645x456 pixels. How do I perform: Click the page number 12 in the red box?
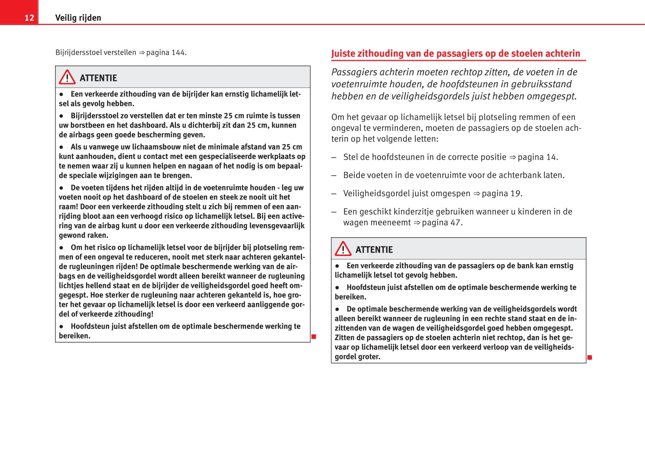click(29, 18)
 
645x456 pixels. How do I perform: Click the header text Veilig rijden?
click(78, 18)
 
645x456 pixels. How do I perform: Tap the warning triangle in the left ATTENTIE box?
click(67, 77)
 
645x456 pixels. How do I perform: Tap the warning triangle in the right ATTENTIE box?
click(343, 249)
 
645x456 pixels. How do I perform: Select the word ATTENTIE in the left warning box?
click(98, 78)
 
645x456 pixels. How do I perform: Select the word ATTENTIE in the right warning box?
click(374, 250)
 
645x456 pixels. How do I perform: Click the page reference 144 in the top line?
click(178, 53)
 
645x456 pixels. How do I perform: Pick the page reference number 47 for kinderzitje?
click(455, 223)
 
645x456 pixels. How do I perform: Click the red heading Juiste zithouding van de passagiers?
click(455, 54)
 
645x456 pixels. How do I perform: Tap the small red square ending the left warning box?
click(314, 336)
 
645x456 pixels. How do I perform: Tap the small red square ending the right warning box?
click(589, 358)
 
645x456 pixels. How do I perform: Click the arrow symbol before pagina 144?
click(141, 53)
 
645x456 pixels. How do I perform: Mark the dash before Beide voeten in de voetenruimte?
click(334, 176)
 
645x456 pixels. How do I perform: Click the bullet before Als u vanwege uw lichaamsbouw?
click(62, 147)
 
